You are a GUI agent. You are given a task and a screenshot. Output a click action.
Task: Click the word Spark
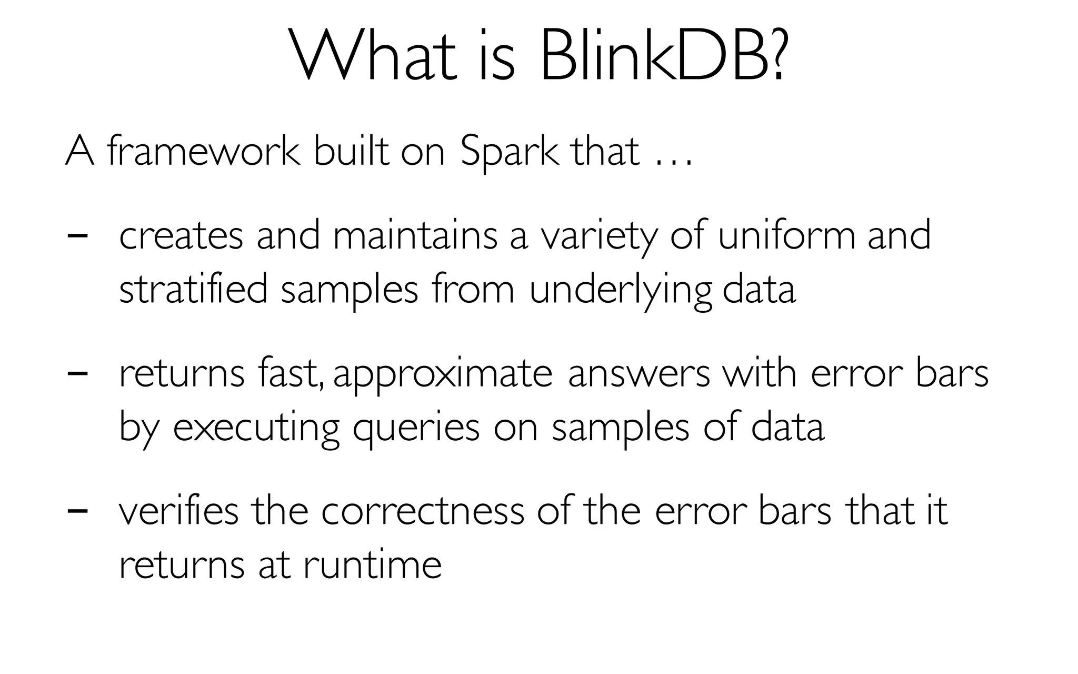508,151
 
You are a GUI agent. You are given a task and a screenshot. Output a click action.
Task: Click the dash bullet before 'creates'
77,235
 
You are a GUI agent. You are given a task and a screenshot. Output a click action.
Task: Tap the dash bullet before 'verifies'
77,510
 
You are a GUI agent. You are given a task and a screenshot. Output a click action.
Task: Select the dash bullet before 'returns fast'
77,373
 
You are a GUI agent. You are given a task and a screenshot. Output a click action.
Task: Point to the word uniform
786,235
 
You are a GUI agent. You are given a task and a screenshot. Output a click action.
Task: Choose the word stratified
193,289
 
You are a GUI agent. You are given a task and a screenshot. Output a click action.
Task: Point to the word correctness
423,510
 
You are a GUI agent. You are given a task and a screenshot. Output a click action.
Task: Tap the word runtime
372,564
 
